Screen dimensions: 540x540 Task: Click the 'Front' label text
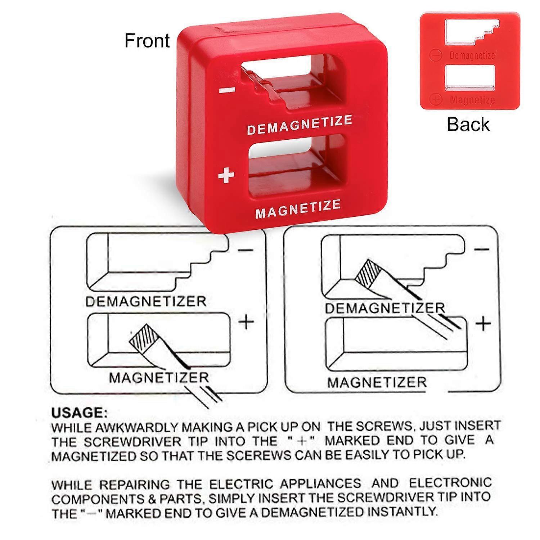[147, 40]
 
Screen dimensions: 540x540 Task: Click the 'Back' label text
[468, 124]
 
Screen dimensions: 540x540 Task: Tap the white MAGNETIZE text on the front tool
[298, 209]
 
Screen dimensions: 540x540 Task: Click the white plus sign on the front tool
[226, 176]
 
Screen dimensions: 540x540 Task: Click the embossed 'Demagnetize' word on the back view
[472, 56]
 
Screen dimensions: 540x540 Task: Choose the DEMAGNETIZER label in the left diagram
[146, 301]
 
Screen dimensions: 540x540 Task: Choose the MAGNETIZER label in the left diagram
[159, 378]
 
